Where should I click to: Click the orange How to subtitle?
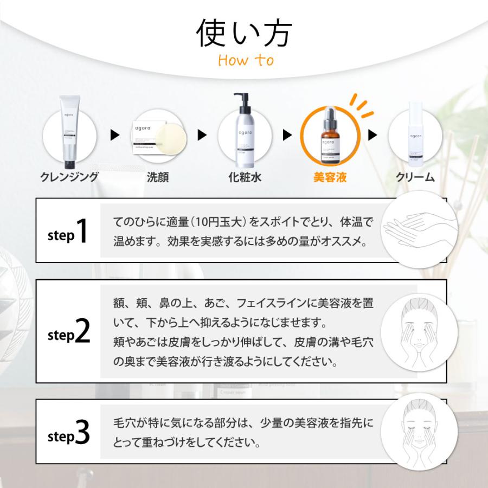(246, 60)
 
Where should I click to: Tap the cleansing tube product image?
(69, 131)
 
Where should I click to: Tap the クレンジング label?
(69, 177)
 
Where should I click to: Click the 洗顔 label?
(157, 177)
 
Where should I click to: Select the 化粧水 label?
(245, 177)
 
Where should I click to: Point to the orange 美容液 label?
(330, 177)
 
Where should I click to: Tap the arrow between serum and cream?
(373, 135)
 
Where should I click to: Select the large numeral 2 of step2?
(82, 332)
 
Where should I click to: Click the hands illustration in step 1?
(413, 229)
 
